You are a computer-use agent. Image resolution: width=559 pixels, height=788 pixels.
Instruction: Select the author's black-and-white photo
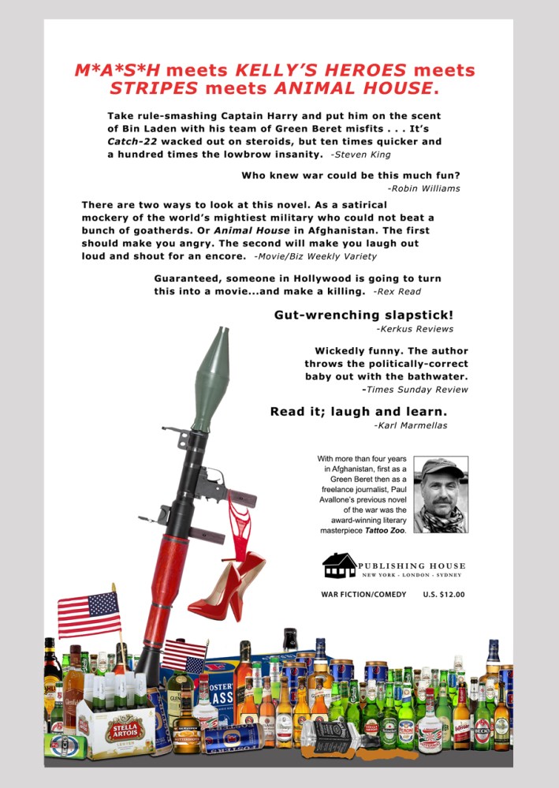(x=440, y=495)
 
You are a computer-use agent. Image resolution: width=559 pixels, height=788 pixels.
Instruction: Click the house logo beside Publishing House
(x=339, y=565)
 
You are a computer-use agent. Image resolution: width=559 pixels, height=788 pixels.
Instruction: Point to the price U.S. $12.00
(x=444, y=594)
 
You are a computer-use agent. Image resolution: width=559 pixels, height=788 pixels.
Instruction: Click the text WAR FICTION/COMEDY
(x=363, y=594)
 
